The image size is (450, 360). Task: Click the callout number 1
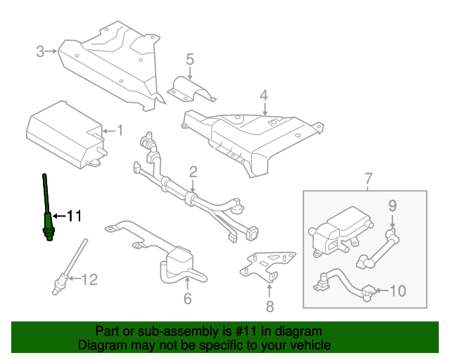click(119, 130)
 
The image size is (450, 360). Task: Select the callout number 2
click(193, 172)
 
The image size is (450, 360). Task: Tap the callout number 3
click(40, 51)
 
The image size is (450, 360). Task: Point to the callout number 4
click(264, 95)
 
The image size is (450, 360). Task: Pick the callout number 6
click(187, 298)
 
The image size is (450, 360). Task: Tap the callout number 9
click(392, 205)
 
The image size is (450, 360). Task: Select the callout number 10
click(397, 290)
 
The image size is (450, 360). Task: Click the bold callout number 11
click(75, 216)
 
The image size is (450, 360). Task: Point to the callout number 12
click(88, 280)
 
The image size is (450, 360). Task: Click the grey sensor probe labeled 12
click(69, 267)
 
